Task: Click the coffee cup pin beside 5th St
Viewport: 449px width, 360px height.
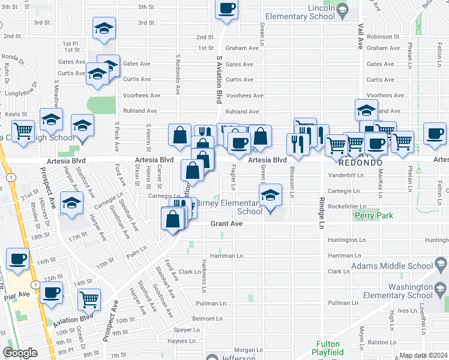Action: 226,8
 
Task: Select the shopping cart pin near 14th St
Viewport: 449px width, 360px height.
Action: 89,298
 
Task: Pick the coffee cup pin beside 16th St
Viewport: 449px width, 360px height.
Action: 18,259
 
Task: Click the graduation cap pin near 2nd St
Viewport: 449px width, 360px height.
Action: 104,29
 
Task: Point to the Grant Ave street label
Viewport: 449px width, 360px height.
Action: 226,224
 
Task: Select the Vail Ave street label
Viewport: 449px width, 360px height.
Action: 361,36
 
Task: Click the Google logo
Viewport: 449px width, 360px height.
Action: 20,353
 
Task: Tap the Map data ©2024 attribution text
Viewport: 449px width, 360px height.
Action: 423,355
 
